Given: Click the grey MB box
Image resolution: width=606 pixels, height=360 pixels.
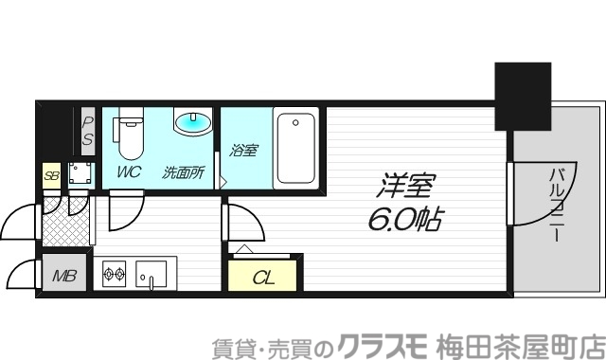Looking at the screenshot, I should pos(63,277).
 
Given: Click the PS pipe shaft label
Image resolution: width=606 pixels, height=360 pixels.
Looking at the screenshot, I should pos(87,132).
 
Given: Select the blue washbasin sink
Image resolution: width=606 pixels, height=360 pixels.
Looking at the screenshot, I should pos(193,124).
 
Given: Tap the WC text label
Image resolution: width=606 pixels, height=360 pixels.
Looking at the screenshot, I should pos(129,172).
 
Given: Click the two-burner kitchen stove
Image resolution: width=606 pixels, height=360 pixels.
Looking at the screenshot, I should pos(115,276).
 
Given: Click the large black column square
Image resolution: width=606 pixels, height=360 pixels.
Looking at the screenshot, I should pos(524,96).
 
